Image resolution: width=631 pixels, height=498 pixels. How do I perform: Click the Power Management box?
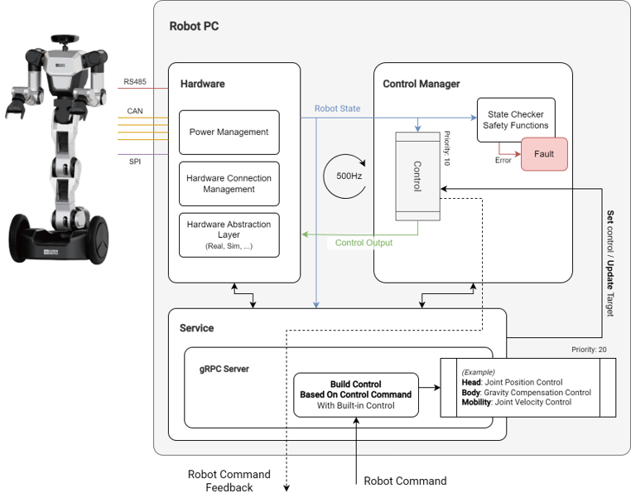point(229,132)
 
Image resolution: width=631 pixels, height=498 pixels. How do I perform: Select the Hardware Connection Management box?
point(229,183)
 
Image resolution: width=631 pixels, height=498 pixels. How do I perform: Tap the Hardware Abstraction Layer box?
point(229,234)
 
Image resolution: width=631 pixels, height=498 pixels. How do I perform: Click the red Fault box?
point(544,154)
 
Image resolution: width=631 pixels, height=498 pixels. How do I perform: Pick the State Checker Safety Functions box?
point(516,119)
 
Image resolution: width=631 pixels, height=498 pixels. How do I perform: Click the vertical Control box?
point(417,176)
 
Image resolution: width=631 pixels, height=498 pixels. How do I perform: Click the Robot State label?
point(337,109)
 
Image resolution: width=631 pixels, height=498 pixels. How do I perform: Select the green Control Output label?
point(364,243)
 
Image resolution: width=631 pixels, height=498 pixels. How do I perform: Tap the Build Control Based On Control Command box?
point(356,395)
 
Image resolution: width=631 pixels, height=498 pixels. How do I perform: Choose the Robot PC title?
point(194,26)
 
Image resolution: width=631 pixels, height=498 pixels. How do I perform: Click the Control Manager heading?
point(421,84)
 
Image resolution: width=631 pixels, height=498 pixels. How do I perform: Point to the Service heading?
point(196,328)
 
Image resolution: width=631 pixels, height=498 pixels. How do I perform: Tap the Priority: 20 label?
point(589,350)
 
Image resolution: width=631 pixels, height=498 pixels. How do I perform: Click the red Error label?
point(503,160)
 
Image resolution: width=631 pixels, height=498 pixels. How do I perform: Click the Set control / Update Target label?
point(610,263)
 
